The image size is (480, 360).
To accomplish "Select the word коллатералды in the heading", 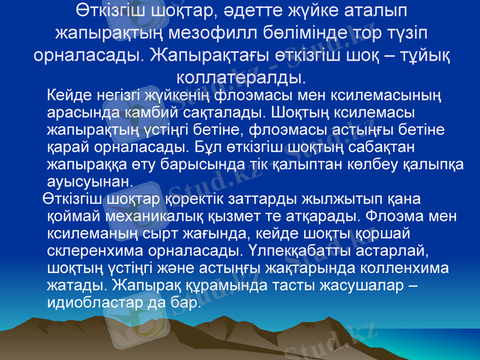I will click(241, 77).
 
